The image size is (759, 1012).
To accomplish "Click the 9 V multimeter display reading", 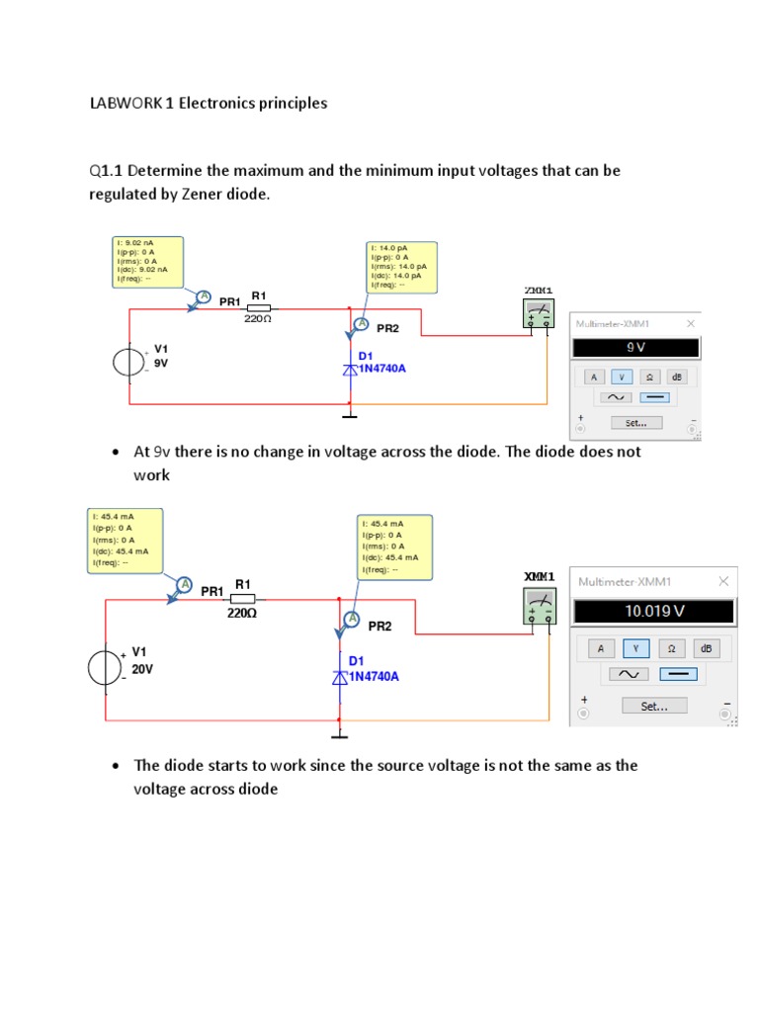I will pos(635,348).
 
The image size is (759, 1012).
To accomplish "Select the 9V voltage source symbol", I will pos(127,362).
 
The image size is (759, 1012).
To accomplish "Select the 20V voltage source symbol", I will pos(105,669).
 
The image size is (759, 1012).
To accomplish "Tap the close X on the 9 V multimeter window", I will pos(691,323).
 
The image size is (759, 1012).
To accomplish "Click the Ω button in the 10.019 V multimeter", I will pos(671,648).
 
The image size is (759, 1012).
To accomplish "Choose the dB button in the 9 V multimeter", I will pos(677,377).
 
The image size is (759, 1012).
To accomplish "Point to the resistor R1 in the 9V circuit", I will pos(258,308).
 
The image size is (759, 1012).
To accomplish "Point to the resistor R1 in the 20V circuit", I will pos(242,599).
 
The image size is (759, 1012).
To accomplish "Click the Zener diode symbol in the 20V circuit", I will pos(339,677).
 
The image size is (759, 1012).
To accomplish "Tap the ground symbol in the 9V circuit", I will pos(349,415).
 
